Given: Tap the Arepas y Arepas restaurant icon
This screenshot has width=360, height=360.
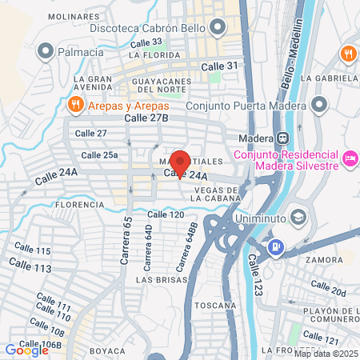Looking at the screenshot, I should click(x=74, y=104).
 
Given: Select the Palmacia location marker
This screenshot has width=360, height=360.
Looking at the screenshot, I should click(x=46, y=52).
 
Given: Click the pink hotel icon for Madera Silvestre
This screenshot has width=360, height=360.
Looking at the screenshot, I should click(x=349, y=158).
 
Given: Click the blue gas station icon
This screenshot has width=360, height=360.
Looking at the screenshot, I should click(x=276, y=246).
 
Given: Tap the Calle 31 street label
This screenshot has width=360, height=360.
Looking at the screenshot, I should click(x=220, y=66).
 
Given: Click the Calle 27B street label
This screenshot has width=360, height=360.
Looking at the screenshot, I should click(x=147, y=118).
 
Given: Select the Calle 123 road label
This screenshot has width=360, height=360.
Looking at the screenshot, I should click(x=255, y=273).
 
